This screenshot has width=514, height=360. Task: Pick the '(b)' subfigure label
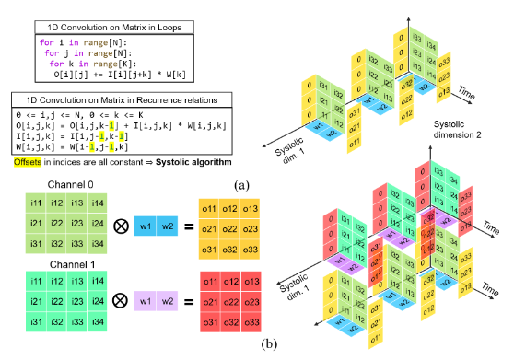pos(241,343)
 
